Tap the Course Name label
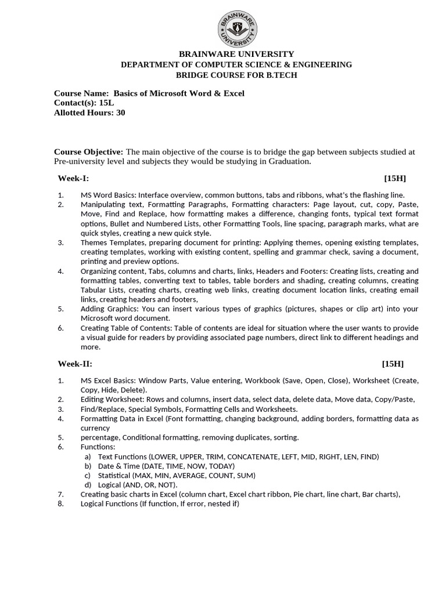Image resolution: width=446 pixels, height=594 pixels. [81, 93]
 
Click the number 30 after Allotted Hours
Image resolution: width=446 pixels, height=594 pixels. [120, 113]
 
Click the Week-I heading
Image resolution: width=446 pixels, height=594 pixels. [73, 178]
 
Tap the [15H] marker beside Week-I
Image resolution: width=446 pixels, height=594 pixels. [395, 178]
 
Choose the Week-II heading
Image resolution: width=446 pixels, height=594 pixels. [75, 364]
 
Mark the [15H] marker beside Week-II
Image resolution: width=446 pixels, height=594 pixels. [393, 364]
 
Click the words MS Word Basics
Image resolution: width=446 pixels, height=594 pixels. [107, 195]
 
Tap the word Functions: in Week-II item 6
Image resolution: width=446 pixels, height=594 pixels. [98, 447]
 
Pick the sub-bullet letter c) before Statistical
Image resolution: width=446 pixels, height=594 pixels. [88, 475]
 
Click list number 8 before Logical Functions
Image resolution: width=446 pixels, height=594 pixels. [60, 504]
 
